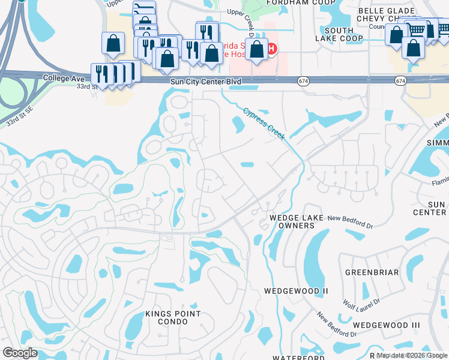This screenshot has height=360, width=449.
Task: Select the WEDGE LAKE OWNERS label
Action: [292, 221]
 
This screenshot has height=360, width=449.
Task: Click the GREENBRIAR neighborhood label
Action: [373, 272]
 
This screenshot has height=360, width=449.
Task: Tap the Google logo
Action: [20, 353]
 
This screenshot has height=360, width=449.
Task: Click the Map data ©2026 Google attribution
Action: [412, 355]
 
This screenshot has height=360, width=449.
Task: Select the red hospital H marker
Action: [272, 49]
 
